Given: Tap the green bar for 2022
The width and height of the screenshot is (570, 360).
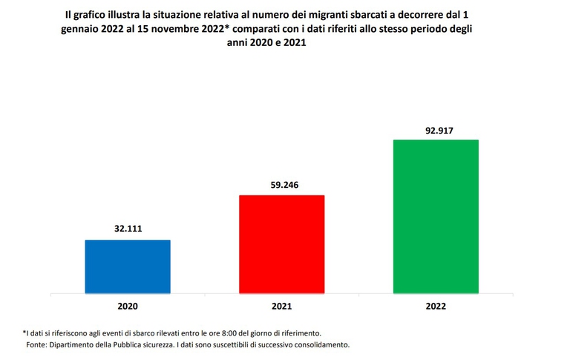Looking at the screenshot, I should click(435, 216).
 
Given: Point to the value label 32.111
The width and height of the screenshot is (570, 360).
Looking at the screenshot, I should click(128, 229).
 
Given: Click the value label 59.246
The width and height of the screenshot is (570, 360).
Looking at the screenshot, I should click(281, 185).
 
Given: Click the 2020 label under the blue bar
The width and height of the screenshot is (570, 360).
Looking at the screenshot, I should click(128, 305).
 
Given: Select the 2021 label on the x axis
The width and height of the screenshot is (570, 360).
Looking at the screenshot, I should click(281, 305).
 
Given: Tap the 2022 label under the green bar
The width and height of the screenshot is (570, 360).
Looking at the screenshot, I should click(435, 305).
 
